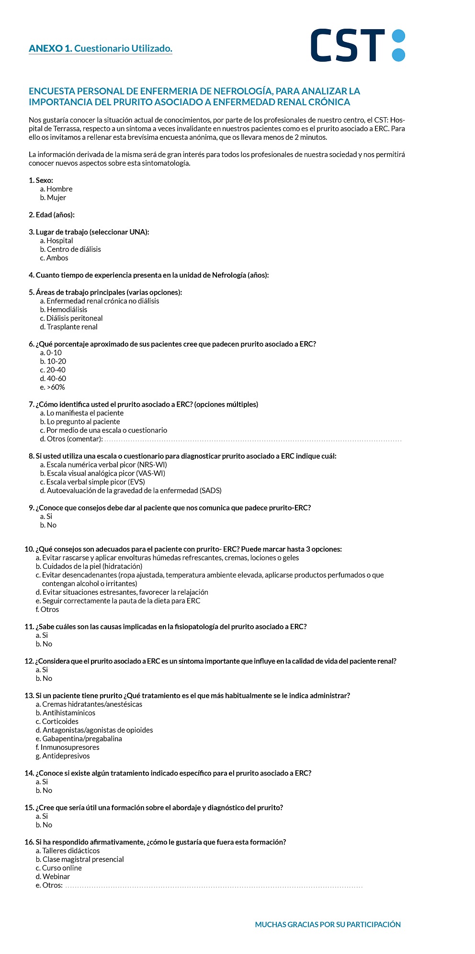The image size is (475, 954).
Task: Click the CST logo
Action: (358, 45)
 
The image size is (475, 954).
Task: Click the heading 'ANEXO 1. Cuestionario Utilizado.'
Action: (100, 48)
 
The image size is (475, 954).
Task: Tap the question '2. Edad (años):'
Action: (52, 215)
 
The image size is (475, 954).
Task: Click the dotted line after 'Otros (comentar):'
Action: (253, 440)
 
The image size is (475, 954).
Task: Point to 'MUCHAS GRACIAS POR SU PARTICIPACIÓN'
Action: (328, 924)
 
